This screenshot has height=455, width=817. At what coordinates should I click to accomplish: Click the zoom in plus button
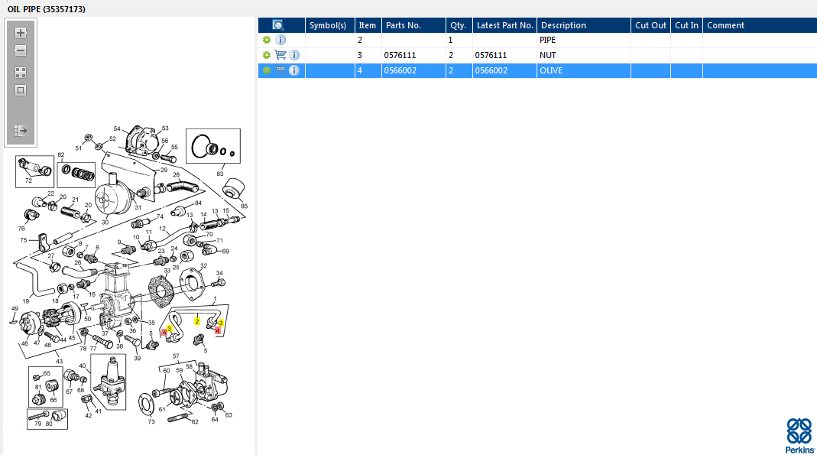pos(21,33)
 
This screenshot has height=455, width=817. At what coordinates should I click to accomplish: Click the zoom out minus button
pos(21,50)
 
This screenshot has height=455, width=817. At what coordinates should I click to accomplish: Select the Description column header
pos(563,25)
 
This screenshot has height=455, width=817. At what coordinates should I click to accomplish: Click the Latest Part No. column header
pos(505,25)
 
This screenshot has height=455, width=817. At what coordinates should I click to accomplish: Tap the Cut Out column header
pos(650,25)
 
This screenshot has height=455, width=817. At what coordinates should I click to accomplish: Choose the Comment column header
pos(725,25)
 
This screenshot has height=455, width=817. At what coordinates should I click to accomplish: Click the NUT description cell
pos(548,55)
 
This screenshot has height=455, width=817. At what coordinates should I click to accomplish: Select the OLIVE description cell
pos(551,70)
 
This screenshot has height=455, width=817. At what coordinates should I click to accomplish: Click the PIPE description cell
pos(548,40)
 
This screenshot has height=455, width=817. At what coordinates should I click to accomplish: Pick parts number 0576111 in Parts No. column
pos(400,55)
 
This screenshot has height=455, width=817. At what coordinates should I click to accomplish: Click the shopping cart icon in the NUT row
pos(280,55)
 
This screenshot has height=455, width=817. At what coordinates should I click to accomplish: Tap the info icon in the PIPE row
pos(280,40)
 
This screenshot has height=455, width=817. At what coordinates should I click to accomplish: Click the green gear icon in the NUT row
pos(266,55)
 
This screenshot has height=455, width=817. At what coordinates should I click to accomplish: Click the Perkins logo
pos(800,435)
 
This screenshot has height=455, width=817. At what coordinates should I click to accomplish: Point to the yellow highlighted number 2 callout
pos(197,322)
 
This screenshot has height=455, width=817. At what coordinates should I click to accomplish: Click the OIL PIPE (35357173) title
pos(47,9)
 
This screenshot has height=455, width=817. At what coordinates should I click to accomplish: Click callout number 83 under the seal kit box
pos(220,174)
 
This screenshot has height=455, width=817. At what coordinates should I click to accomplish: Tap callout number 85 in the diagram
pos(245,206)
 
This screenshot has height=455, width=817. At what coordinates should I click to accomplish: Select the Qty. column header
pos(458,25)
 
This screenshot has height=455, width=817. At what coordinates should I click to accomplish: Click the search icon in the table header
pos(277,25)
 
